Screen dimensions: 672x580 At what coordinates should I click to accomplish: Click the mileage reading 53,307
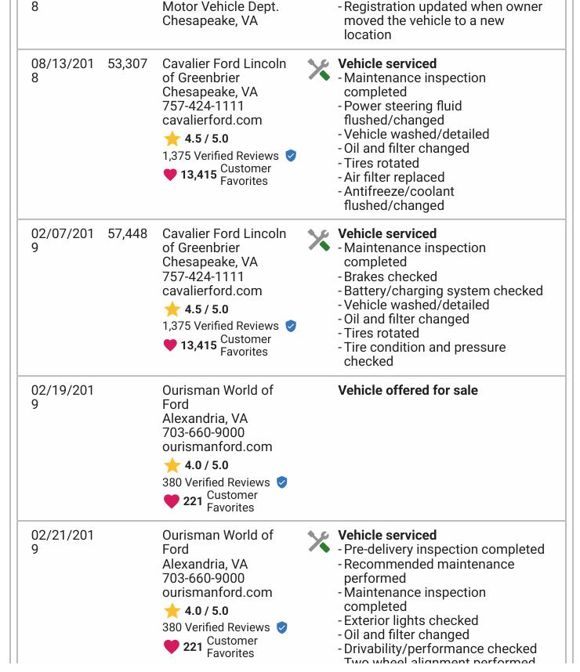tap(127, 63)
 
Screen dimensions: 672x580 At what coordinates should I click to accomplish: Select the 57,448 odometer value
tap(127, 233)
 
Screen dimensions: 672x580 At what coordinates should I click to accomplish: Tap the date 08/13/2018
tap(62, 70)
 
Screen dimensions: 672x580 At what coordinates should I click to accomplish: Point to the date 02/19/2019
tap(62, 397)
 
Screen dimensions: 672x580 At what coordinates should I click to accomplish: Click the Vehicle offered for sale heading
tap(408, 390)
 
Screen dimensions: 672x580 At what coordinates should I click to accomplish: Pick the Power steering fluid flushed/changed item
tap(402, 113)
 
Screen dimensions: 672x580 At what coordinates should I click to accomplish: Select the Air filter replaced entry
tap(393, 177)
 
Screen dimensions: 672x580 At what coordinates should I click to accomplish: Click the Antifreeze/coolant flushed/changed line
tap(398, 198)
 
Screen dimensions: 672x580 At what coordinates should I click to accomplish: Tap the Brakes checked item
tap(390, 276)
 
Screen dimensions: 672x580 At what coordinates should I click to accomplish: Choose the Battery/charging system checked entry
tap(443, 291)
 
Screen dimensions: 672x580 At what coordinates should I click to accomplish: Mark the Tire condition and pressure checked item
tap(424, 354)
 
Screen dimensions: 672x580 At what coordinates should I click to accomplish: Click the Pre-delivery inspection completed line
tap(444, 549)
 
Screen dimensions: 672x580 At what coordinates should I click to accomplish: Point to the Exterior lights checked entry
tap(411, 620)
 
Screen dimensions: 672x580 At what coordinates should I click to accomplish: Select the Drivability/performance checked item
tap(440, 649)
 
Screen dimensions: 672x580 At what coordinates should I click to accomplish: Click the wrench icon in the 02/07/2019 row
tap(318, 240)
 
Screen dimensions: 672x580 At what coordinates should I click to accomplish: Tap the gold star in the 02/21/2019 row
tap(172, 611)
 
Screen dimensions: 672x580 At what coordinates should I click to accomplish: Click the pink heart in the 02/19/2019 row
tap(171, 501)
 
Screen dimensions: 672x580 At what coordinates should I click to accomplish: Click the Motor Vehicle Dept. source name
tap(220, 7)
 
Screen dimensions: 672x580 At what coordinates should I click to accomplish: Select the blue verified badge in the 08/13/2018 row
tap(291, 156)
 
